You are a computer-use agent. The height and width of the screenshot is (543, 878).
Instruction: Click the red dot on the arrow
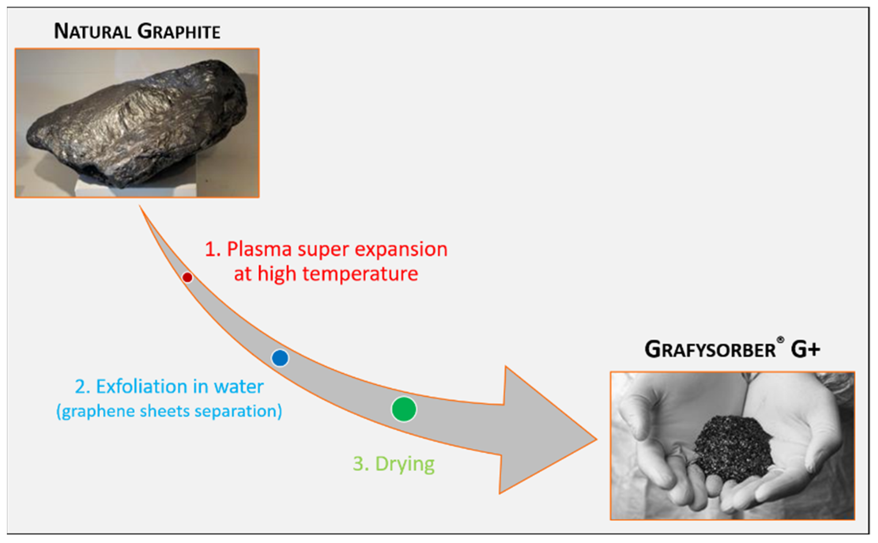coord(187,278)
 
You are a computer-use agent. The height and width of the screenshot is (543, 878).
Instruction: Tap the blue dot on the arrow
coord(280,358)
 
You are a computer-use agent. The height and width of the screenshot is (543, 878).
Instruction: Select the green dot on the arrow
coord(404,409)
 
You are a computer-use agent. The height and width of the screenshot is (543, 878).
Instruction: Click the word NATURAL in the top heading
coord(92,31)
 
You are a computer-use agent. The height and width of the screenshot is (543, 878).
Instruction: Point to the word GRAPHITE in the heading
coord(179,31)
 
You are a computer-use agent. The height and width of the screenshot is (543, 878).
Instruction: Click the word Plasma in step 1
coord(259,249)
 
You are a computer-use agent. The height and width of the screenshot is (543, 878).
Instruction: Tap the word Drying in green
coord(405,464)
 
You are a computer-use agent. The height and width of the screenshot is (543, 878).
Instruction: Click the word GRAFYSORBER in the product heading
coord(710,349)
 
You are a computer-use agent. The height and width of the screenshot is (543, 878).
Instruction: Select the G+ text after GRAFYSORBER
coord(805,349)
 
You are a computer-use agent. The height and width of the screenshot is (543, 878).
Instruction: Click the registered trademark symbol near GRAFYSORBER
coord(780,340)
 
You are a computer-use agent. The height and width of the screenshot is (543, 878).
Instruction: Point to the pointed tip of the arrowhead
coord(596,439)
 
